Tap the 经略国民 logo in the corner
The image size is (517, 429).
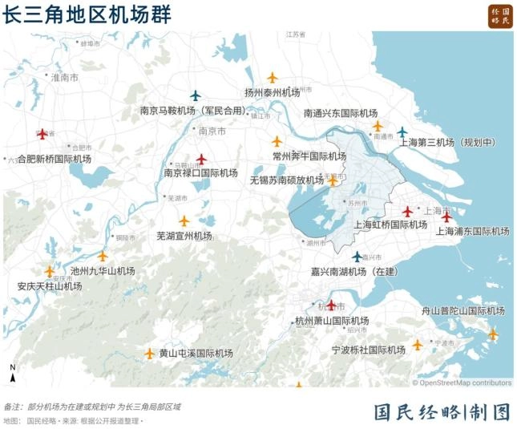pos(500,16)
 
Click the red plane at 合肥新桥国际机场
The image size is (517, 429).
pos(42,134)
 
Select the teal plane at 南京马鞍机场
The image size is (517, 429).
pos(195,95)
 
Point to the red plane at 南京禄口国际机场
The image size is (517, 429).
pos(201,159)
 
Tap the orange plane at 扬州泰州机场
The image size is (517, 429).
pos(272,78)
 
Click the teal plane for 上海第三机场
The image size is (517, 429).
pos(402,132)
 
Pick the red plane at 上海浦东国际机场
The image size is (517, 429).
pos(446,217)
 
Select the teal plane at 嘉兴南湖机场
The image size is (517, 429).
pos(357,257)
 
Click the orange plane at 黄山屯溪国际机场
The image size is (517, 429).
pos(149,353)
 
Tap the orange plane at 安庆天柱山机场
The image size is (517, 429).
pos(50,272)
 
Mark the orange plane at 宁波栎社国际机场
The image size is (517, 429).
pos(417,345)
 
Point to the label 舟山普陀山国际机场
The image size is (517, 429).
pos(462,310)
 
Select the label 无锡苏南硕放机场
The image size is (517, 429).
pos(287,180)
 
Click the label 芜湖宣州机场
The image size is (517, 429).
pos(184,236)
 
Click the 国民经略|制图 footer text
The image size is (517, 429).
pos(442,412)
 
